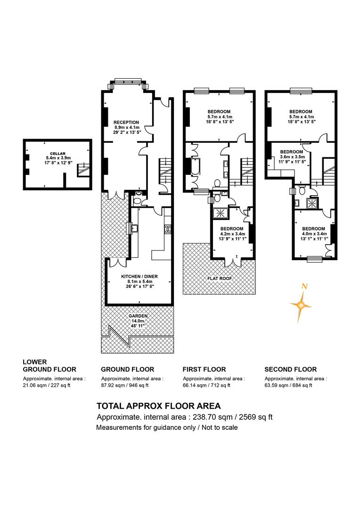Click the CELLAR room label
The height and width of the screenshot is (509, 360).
point(58,154)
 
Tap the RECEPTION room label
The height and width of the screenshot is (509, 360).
point(126,123)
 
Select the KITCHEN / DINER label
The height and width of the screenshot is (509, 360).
point(139,276)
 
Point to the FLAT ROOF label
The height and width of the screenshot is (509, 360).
point(220,279)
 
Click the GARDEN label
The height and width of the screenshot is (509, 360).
point(138,316)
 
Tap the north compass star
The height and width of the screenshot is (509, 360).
point(301,304)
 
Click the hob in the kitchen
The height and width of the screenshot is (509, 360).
point(168,229)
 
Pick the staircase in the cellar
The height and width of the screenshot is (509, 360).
point(83,170)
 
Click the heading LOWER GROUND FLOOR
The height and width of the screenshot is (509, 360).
point(49,366)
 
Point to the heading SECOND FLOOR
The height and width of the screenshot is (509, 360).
point(291,369)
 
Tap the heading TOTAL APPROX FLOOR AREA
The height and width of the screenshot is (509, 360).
point(159,406)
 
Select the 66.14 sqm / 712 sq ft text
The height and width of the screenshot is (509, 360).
point(206,386)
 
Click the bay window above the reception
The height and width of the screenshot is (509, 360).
point(128,83)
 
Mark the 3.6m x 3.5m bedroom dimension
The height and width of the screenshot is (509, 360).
point(292,156)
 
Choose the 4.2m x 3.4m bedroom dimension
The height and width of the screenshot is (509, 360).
point(232,234)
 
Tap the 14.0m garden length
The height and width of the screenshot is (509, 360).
point(138,321)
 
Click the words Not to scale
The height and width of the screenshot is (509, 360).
point(220,427)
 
